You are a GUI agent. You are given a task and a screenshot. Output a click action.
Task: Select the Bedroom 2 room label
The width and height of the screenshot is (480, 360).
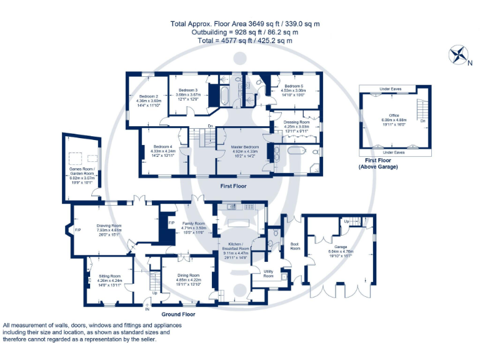click(149, 96)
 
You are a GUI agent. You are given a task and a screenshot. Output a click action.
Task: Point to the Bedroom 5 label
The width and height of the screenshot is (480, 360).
click(293, 86)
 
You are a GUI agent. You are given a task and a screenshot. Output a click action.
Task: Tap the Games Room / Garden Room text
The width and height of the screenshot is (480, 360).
click(81, 172)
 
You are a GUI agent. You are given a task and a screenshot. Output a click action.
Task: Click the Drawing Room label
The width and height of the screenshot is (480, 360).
click(109, 226)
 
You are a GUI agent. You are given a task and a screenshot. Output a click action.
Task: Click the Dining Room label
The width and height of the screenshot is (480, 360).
click(188, 275)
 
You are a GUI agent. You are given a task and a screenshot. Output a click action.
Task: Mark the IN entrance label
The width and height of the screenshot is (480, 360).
click(148, 309)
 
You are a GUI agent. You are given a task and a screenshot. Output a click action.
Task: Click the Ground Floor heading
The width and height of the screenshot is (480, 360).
click(178, 314)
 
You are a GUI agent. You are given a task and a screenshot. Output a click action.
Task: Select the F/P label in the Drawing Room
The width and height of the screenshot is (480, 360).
click(78, 230)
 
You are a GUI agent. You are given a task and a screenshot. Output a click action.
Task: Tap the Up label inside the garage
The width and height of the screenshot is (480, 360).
click(346, 221)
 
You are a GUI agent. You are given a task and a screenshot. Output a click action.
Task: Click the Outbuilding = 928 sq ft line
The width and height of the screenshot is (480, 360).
click(243, 32)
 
